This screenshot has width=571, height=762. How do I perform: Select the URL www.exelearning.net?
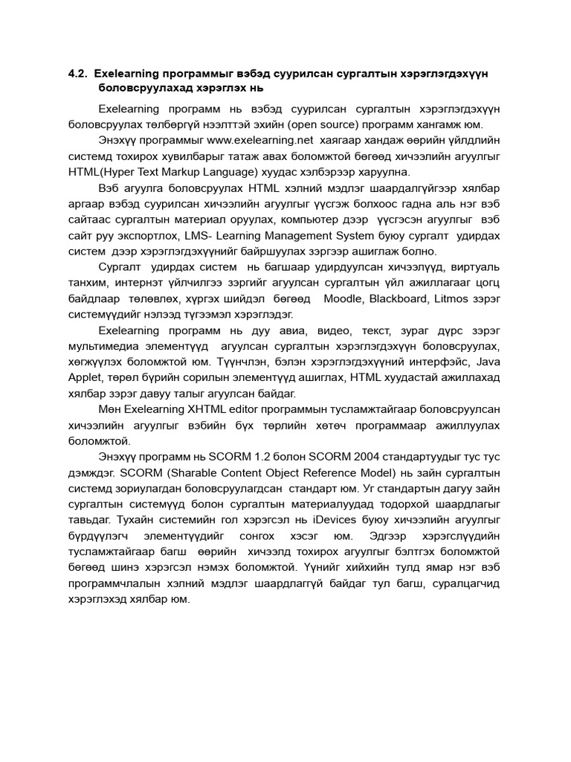pos(250,138)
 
